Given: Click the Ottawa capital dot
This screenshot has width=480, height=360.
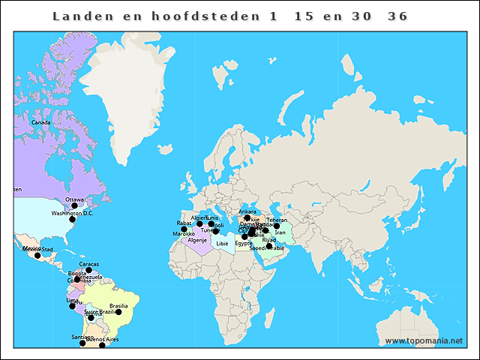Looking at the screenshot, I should (74, 205).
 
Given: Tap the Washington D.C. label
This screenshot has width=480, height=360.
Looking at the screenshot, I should (72, 213).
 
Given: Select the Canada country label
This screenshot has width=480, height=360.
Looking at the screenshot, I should (41, 122).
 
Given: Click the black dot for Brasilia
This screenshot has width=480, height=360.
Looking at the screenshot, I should (118, 312).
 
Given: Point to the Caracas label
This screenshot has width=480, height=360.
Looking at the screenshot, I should (88, 264).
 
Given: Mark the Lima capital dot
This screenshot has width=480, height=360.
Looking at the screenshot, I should (72, 306).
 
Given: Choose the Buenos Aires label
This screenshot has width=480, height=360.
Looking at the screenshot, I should (103, 340).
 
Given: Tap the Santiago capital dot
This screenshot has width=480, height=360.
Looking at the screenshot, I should (82, 343).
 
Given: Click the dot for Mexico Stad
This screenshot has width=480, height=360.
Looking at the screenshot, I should (37, 256).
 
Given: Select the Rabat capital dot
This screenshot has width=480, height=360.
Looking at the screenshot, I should (184, 229).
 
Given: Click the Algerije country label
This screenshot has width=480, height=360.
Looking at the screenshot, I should (197, 240).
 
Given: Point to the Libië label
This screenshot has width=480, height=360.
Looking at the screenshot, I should (222, 244).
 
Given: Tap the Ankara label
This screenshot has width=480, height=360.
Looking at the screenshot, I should (247, 211).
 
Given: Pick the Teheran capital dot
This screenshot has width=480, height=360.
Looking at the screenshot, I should (277, 226).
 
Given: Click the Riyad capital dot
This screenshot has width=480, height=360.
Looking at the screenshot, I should (269, 246).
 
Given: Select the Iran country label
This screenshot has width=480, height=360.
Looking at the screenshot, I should (280, 232).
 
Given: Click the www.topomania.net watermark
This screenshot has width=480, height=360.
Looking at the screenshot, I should (424, 340).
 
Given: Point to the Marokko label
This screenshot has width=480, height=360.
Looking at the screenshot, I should (184, 234).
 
